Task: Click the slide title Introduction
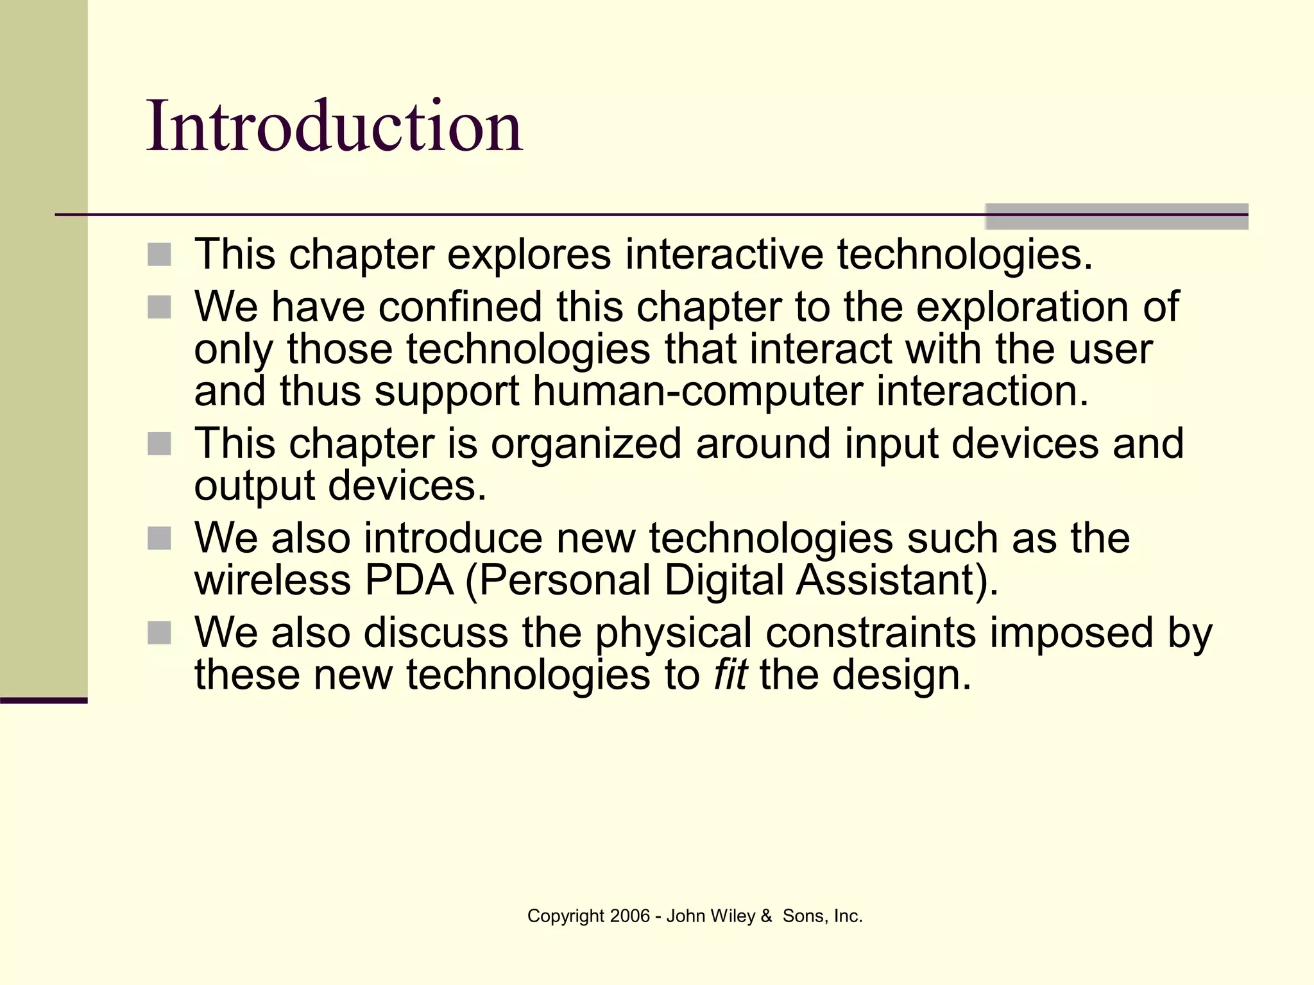tap(334, 126)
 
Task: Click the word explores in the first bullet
tap(529, 255)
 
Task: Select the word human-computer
tap(698, 391)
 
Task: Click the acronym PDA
tap(409, 580)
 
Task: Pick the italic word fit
tap(730, 675)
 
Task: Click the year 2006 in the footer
tap(629, 916)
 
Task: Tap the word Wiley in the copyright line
tap(733, 916)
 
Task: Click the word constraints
tap(870, 633)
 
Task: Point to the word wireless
tap(273, 580)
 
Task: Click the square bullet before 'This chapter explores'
tap(159, 255)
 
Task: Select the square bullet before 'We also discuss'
tap(159, 633)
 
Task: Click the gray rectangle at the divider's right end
tap(1116, 216)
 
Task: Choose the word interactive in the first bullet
tap(724, 255)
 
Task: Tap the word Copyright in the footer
tap(565, 916)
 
